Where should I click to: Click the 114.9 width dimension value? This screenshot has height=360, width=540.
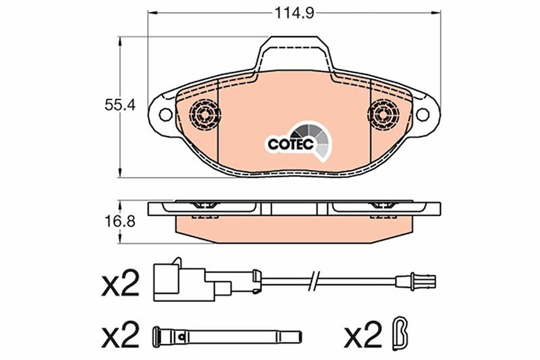coord(294,13)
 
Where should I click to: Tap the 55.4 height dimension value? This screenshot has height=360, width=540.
coord(120,104)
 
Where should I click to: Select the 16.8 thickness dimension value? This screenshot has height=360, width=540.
coord(120,221)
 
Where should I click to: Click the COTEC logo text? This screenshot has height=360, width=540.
coord(291,144)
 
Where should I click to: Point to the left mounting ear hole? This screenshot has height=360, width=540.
coord(166,114)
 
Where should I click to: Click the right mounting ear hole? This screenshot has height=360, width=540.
coord(422,114)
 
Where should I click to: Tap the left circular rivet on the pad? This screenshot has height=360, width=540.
coord(205,114)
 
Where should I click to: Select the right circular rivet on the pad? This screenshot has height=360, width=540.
coord(383,114)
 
